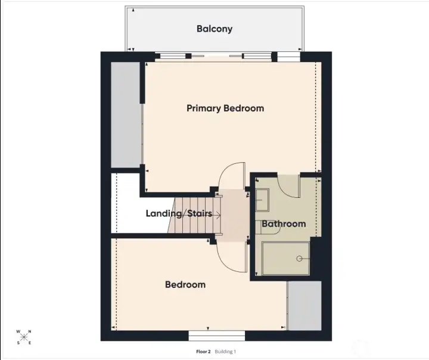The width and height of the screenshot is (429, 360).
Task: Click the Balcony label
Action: (214, 29)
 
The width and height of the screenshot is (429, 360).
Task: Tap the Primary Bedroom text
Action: (225, 108)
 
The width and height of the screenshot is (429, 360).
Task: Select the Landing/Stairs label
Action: (179, 213)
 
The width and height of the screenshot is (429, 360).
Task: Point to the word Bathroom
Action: (284, 224)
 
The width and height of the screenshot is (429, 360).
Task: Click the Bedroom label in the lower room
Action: (185, 285)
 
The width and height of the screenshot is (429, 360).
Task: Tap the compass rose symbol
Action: (24, 337)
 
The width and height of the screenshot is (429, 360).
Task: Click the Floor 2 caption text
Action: (203, 352)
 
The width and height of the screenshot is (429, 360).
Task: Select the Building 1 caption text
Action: (226, 352)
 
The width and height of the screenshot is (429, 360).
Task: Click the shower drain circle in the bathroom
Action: (300, 259)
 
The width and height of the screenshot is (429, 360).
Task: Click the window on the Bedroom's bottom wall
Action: (225, 336)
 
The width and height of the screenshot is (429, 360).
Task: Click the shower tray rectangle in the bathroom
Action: (285, 259)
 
